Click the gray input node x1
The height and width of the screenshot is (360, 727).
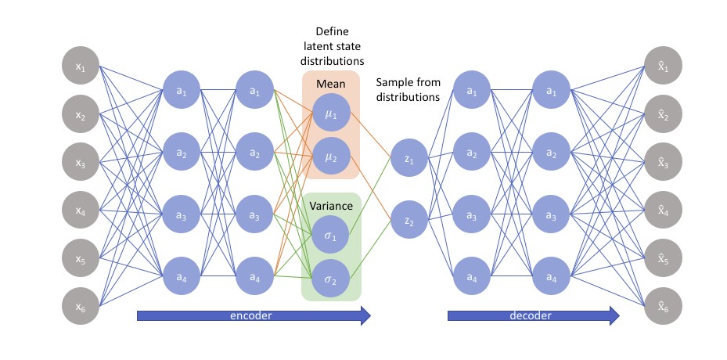(x=80, y=69)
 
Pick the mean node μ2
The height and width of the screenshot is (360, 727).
(x=330, y=157)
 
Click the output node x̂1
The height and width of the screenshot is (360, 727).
(x=663, y=69)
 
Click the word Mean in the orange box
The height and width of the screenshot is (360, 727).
(x=330, y=84)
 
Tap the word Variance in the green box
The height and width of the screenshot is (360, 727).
(x=331, y=206)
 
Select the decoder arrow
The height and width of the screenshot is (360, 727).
(x=533, y=316)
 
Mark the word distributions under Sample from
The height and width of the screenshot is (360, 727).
(x=408, y=97)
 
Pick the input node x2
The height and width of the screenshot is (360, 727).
(x=80, y=115)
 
